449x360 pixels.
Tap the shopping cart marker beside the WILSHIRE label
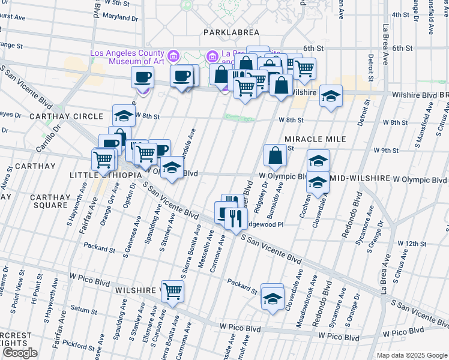click(x=172, y=291)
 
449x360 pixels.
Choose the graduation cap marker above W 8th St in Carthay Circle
click(x=123, y=115)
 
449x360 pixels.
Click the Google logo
click(x=19, y=353)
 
